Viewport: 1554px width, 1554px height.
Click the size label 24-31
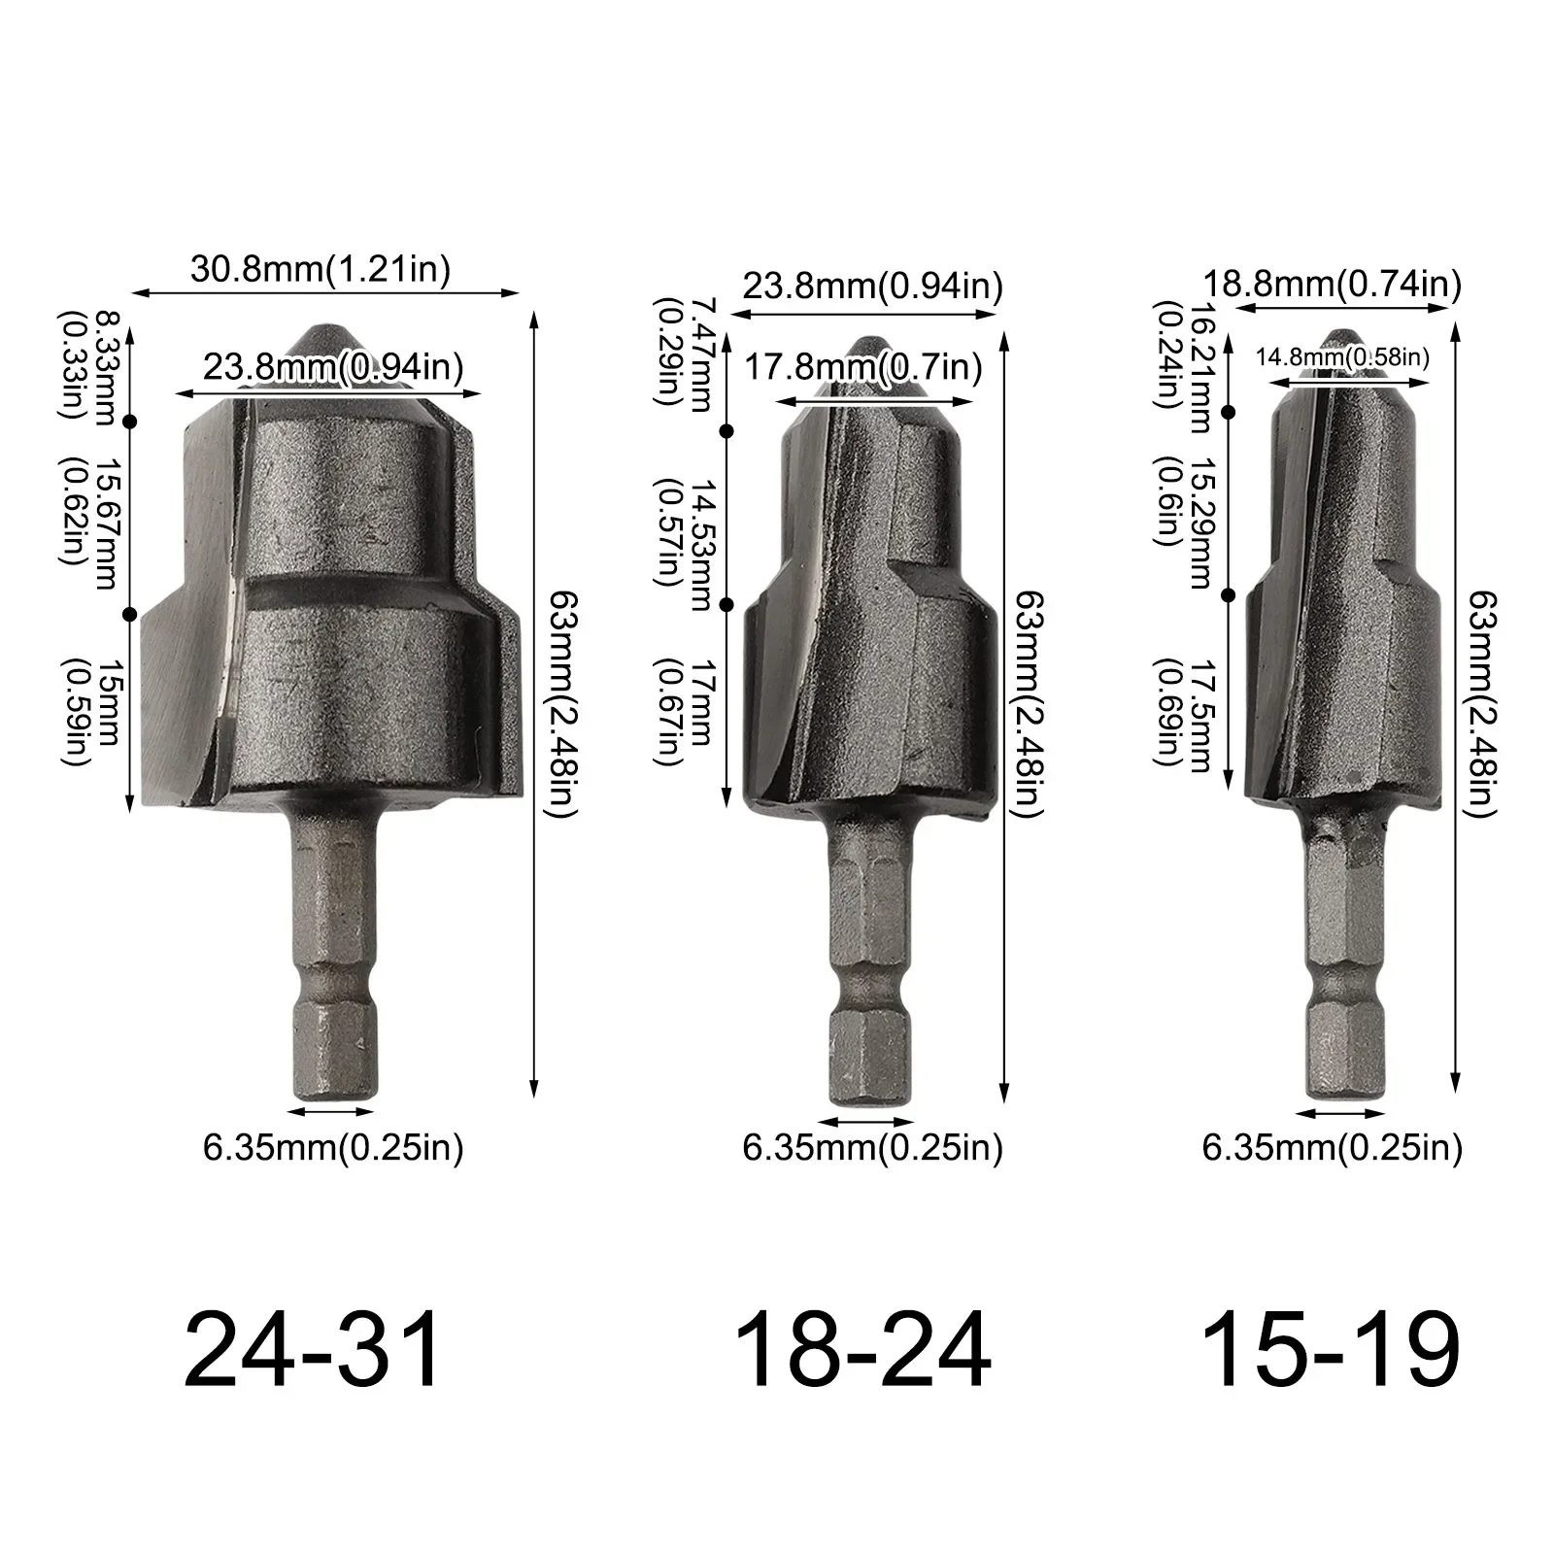tap(313, 1351)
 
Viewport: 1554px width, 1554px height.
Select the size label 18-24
tap(862, 1351)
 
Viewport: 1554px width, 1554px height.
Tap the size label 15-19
tap(1331, 1351)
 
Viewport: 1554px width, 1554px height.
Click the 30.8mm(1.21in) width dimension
tap(321, 269)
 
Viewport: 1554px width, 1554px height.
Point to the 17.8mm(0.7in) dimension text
tap(863, 368)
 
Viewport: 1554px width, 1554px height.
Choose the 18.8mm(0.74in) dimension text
tap(1333, 284)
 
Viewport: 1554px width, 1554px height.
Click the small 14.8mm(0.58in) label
tap(1342, 356)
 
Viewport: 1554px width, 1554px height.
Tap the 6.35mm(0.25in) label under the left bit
tap(333, 1149)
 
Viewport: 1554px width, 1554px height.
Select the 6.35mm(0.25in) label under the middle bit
tap(872, 1149)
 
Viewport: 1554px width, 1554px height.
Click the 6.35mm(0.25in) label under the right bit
tap(1333, 1149)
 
